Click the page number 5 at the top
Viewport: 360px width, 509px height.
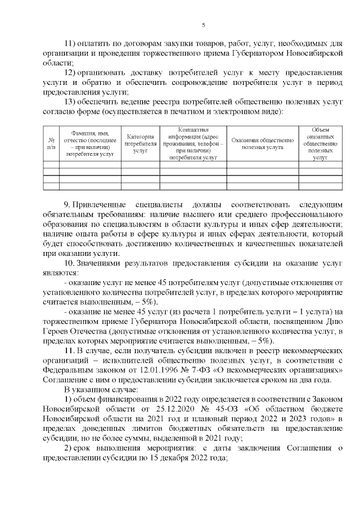coord(204,25)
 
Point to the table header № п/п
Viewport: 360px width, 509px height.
coord(51,143)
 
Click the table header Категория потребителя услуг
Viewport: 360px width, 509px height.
coord(140,143)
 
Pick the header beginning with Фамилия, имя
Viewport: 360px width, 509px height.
coord(90,143)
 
